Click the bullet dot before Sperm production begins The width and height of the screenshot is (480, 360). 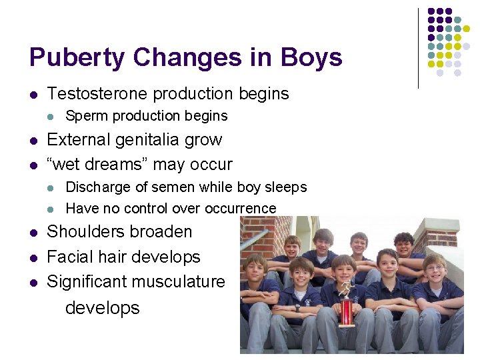pos(50,117)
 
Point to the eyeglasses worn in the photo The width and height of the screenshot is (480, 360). pos(435,268)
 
